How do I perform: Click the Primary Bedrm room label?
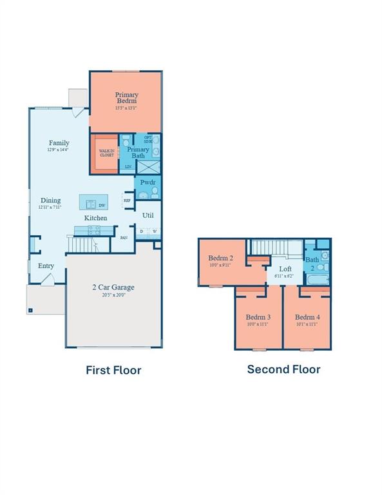pos(127,98)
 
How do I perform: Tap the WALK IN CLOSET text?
pos(106,153)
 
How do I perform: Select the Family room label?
pos(59,143)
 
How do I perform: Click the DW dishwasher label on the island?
pos(102,205)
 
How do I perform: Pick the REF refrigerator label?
pos(127,200)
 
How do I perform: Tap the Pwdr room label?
pos(148,183)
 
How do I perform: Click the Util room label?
pos(148,215)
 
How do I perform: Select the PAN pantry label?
pos(124,238)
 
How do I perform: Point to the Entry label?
pos(46,266)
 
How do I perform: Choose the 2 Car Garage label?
pos(112,287)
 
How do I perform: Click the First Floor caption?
pos(113,370)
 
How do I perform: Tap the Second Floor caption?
pos(283,369)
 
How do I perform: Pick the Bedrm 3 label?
pos(258,317)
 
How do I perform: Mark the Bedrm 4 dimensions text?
pos(307,324)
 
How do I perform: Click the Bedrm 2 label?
pos(220,258)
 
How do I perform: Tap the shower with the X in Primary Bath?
pos(148,167)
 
